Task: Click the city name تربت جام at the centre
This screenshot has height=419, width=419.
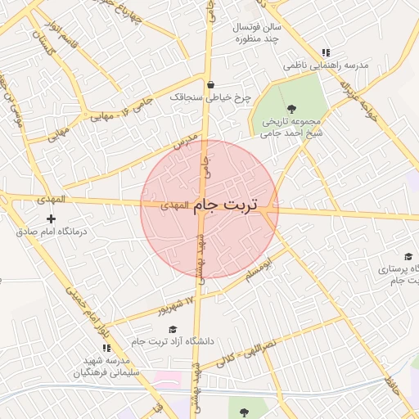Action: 225,205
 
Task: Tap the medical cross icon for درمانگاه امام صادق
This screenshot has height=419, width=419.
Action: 52,219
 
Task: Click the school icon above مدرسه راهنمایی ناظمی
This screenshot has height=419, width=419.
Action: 326,52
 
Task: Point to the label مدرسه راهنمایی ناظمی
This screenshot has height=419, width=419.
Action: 326,64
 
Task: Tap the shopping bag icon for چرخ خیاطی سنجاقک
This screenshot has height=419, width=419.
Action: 211,84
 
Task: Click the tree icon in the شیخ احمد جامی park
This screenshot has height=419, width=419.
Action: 291,107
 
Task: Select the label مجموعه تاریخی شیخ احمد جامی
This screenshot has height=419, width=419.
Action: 291,125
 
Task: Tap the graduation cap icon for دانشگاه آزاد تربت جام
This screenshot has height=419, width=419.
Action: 173,328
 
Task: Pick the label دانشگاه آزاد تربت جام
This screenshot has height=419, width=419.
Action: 172,340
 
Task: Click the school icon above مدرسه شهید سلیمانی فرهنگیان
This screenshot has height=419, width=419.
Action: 106,348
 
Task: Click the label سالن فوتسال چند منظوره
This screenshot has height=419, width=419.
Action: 258,33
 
